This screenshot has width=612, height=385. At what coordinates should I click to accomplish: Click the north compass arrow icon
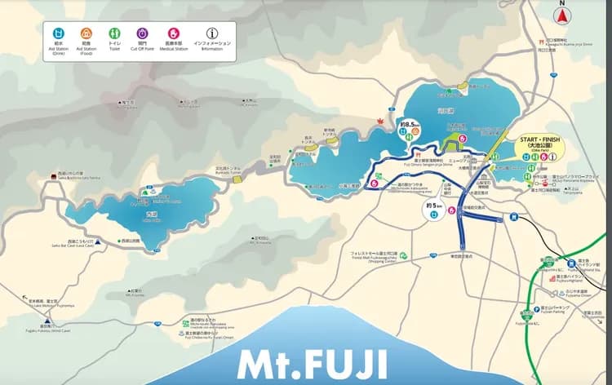coord(562,15)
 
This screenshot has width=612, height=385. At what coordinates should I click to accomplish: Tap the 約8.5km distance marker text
coord(407,125)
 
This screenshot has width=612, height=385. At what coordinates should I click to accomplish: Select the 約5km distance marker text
coord(432,207)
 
